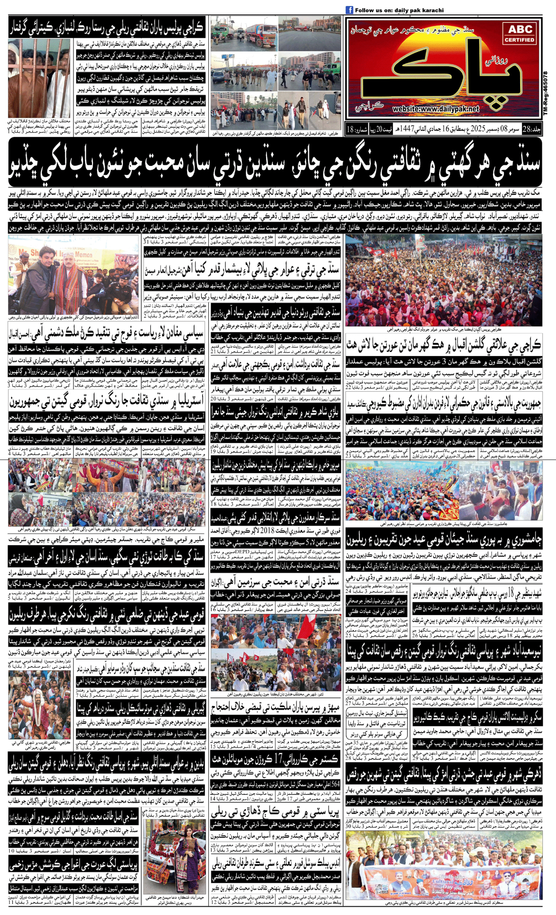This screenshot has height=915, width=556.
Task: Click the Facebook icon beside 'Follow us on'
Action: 349,10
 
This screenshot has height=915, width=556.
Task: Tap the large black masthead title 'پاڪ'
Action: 442,70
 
